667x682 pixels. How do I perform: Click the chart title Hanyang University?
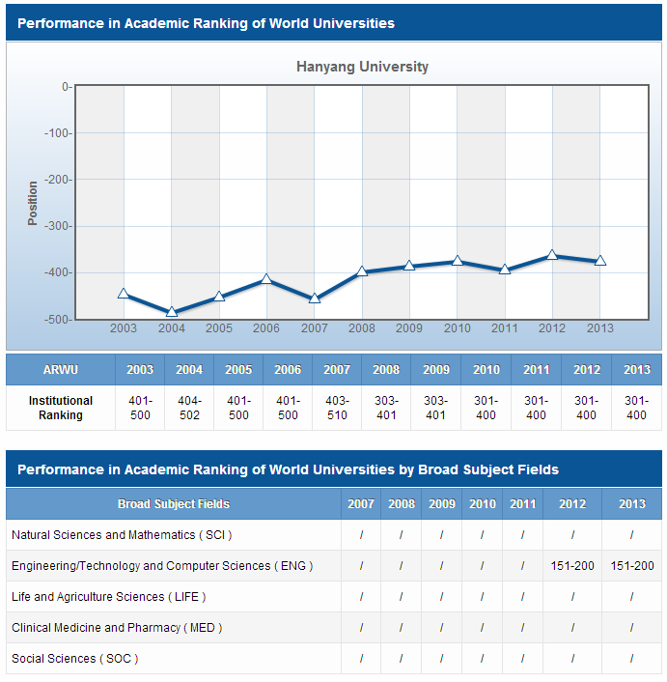pos(362,67)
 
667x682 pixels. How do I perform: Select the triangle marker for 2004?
pos(172,312)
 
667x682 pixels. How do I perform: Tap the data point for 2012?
pos(552,255)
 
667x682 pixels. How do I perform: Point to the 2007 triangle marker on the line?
pos(315,298)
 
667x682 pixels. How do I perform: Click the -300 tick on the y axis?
pos(58,226)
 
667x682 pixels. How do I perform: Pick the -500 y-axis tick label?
pos(58,319)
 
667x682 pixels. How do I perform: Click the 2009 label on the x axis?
pos(409,328)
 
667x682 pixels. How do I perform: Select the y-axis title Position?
pos(33,203)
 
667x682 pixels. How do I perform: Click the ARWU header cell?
pos(61,370)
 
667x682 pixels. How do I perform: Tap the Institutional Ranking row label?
pos(61,408)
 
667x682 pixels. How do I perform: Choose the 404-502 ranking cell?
pos(189,408)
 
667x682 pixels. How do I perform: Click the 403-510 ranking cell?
pos(337,408)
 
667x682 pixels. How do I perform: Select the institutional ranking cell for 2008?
pos(386,408)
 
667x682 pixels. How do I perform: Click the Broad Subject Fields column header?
pos(174,503)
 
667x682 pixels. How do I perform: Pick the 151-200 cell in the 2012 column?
pos(572,566)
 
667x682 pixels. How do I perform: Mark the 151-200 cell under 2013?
pos(632,566)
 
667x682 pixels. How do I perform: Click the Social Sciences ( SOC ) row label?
pos(75,659)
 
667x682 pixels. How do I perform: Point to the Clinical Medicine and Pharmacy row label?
pos(117,628)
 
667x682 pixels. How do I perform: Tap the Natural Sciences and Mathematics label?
pos(122,534)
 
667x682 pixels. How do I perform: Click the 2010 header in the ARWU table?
pos(486,370)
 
